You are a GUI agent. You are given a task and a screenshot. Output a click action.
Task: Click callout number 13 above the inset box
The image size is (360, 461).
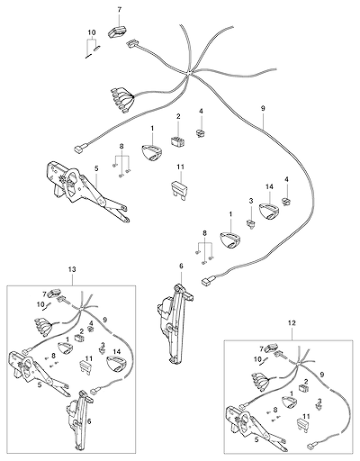(72, 269)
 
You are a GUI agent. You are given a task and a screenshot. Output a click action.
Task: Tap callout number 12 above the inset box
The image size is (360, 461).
(292, 323)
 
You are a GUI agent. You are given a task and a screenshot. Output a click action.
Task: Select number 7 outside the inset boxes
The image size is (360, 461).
(120, 10)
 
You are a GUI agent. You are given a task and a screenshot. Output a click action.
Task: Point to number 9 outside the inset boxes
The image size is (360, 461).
(263, 108)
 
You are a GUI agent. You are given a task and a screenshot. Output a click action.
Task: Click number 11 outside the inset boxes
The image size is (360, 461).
(180, 167)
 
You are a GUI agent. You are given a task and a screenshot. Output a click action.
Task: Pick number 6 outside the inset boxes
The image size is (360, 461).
(181, 267)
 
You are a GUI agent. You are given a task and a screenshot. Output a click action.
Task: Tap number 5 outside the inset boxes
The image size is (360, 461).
(96, 168)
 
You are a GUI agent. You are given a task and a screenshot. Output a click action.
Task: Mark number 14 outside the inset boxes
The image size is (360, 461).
(269, 187)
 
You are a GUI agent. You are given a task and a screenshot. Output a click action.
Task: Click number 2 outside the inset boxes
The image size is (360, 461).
(178, 116)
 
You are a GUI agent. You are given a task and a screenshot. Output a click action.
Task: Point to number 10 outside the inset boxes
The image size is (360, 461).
(92, 32)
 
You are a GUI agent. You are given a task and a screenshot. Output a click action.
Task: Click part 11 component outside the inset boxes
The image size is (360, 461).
(179, 188)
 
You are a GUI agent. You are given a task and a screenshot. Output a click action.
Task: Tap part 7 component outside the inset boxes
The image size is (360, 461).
(116, 31)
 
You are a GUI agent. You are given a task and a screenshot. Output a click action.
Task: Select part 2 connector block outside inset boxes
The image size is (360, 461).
(178, 140)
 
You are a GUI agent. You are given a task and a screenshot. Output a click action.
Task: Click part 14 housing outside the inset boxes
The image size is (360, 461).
(269, 212)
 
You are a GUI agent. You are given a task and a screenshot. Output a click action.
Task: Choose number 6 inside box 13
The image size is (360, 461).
(89, 421)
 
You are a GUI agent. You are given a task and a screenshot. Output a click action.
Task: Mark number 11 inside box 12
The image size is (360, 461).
(306, 416)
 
